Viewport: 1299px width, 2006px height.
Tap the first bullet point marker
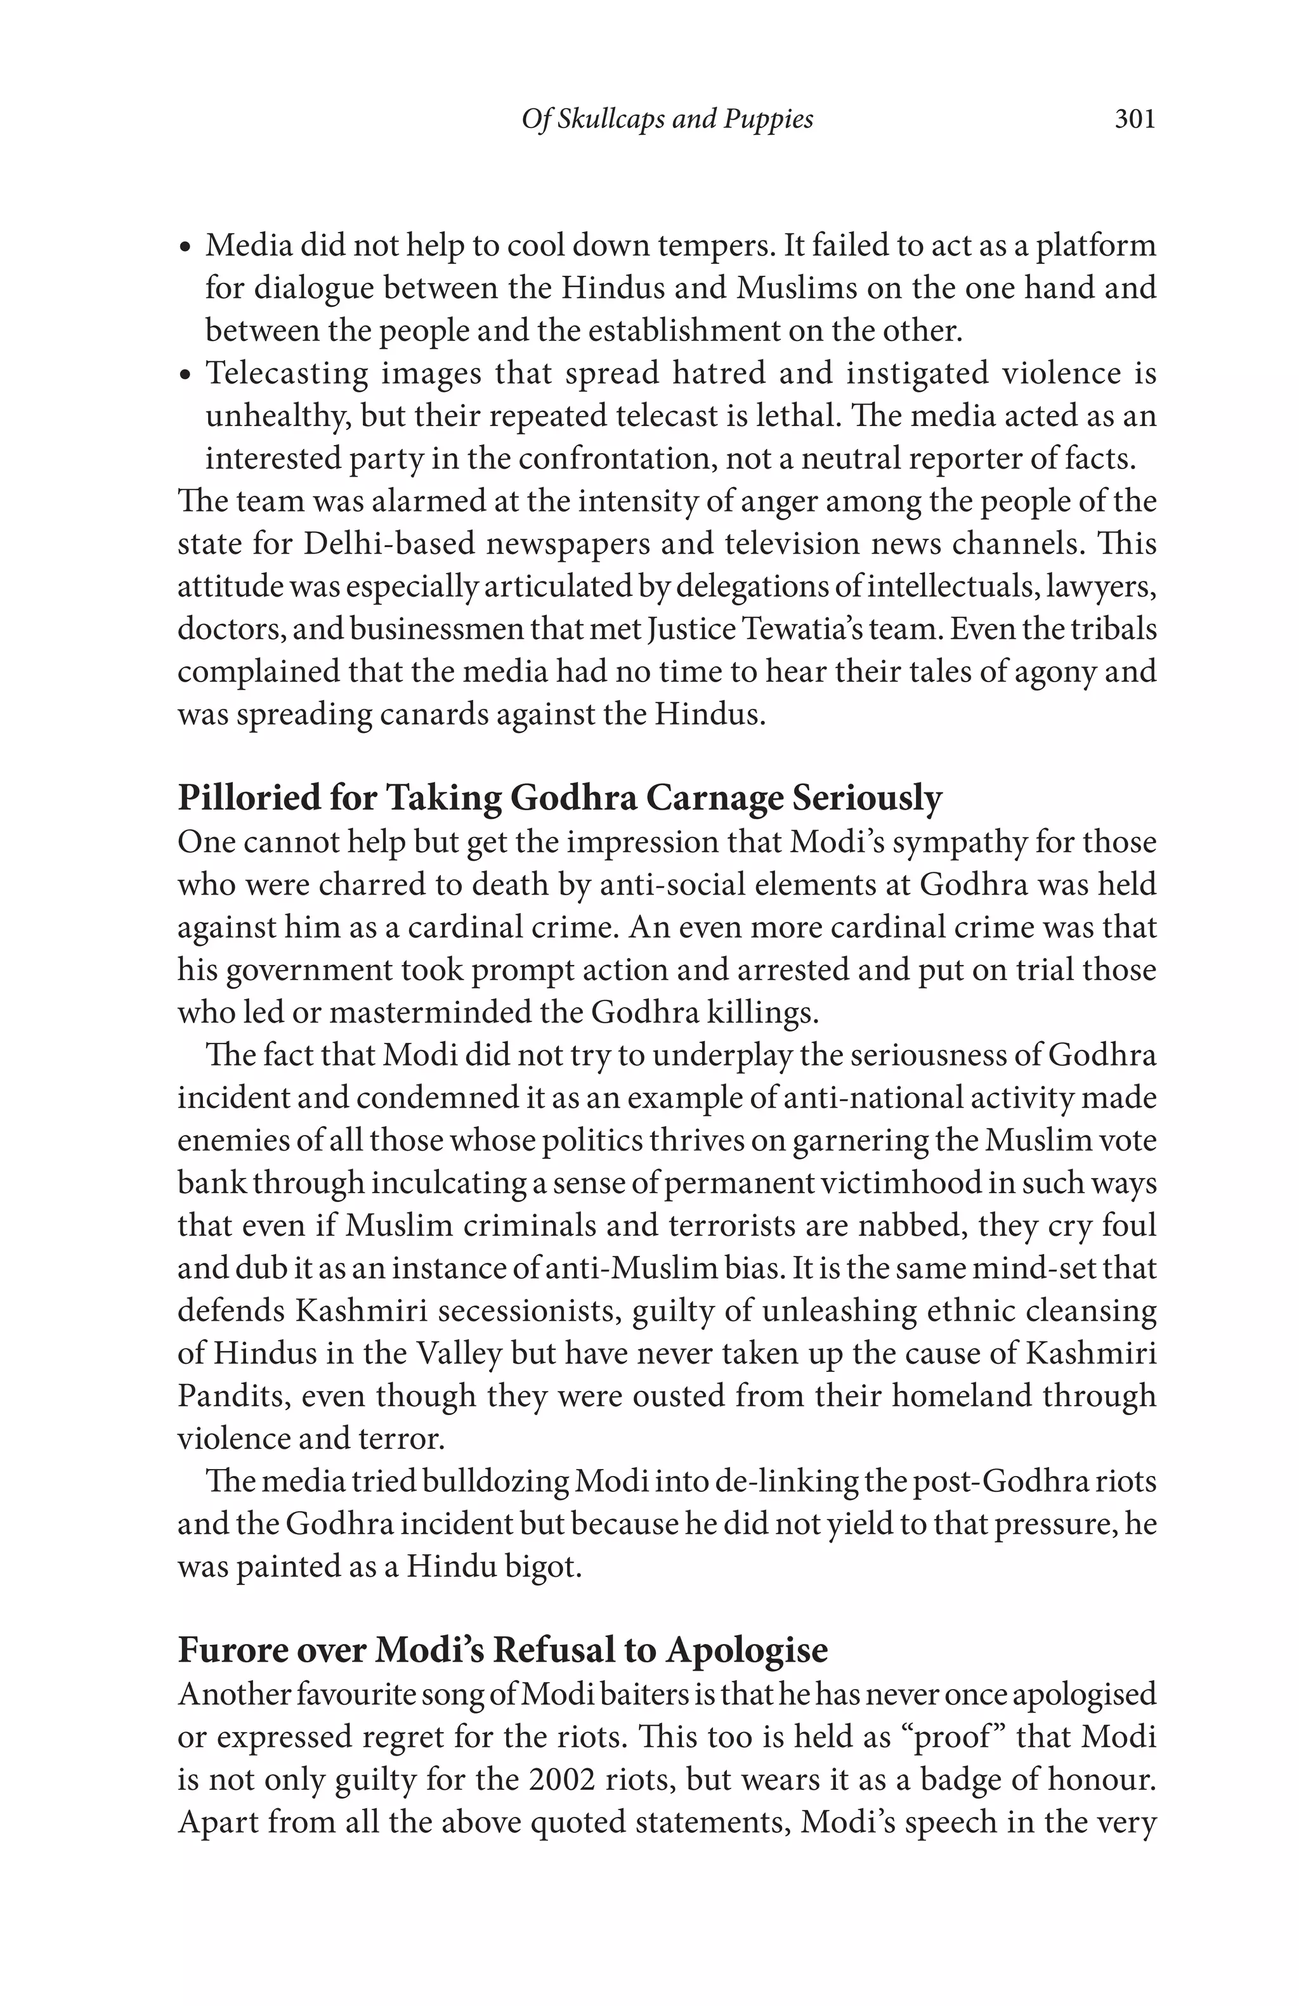coord(187,248)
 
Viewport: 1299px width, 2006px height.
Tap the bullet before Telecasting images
coord(187,375)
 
